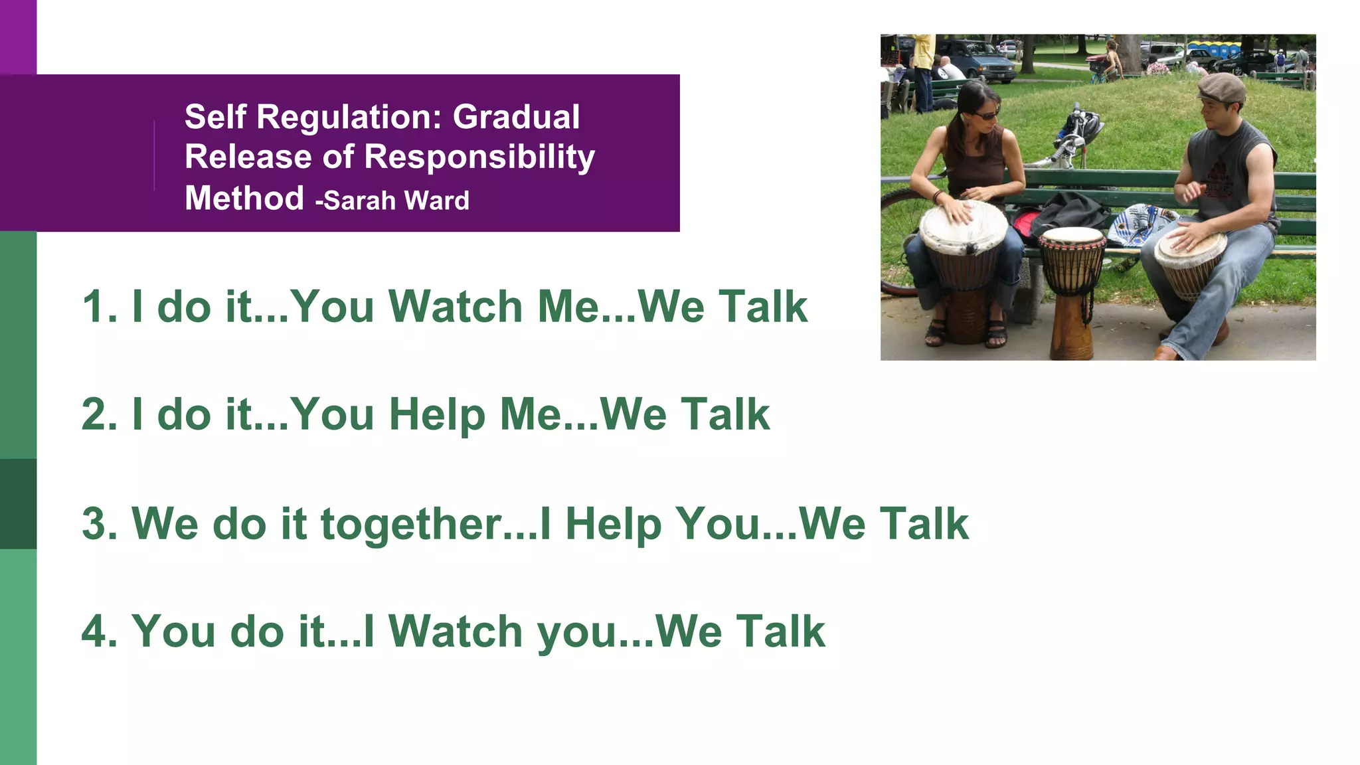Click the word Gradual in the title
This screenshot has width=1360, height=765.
(x=516, y=117)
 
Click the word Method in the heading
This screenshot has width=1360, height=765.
(x=244, y=198)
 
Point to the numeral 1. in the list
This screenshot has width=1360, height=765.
(x=100, y=307)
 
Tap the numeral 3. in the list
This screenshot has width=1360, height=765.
(x=100, y=523)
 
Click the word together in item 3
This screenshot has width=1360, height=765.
(x=410, y=523)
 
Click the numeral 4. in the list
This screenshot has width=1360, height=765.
(x=100, y=631)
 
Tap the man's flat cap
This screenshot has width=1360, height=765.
(x=1223, y=87)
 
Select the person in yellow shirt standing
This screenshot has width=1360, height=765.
(x=923, y=66)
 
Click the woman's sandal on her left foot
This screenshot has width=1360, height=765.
(x=995, y=332)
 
